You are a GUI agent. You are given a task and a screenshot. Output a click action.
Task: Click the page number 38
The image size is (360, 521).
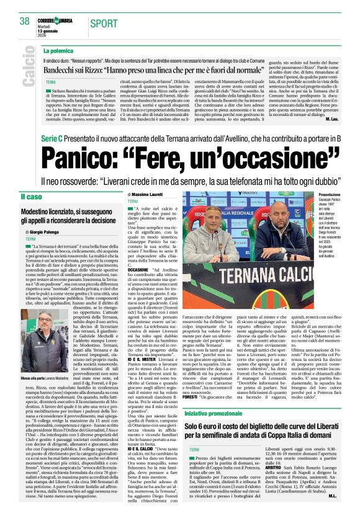[x=25, y=21]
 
